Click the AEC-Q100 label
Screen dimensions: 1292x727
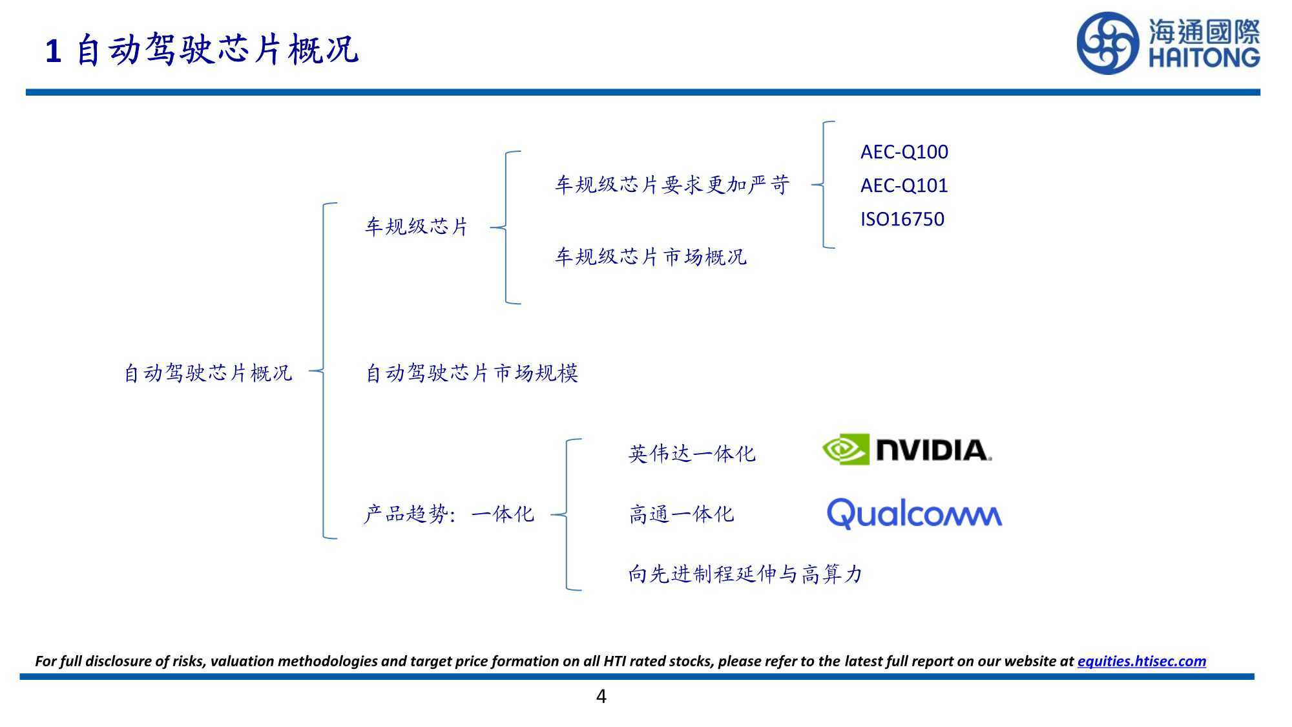[904, 152]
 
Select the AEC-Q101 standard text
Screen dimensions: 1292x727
[904, 185]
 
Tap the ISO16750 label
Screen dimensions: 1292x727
[902, 219]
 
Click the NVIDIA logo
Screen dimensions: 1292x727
[907, 450]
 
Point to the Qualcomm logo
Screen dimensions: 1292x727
[914, 514]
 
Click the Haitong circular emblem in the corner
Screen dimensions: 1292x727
[1107, 43]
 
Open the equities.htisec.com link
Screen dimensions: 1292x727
[1141, 661]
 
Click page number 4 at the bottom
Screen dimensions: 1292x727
[601, 697]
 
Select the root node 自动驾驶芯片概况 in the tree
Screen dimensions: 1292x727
[208, 373]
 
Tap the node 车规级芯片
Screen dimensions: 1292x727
[417, 227]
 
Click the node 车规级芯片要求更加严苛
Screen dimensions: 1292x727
[672, 185]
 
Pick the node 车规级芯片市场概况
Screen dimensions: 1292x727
[651, 257]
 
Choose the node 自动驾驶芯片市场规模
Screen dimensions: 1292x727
[472, 373]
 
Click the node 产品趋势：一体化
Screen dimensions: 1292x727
[449, 514]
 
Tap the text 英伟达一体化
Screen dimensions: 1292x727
[692, 454]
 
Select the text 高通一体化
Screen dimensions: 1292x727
[682, 514]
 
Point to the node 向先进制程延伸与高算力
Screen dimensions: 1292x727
[745, 574]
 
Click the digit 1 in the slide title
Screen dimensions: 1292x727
[54, 51]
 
